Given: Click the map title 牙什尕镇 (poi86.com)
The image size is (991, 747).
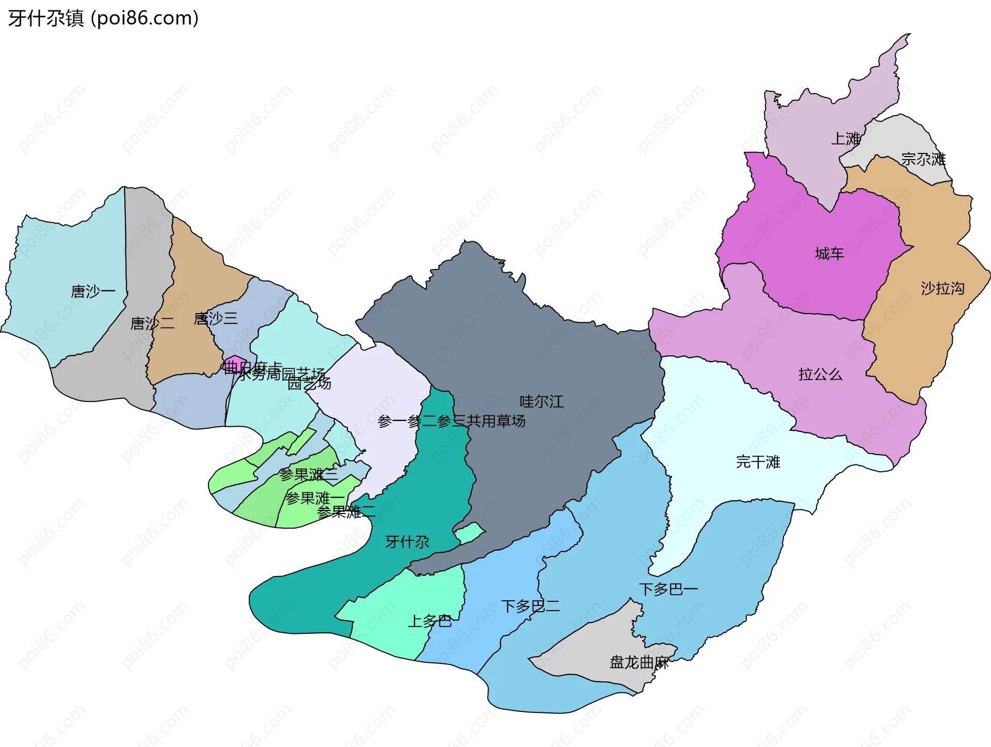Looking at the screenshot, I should pyautogui.click(x=103, y=19).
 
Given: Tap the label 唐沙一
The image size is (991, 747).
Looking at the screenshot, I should pyautogui.click(x=93, y=291).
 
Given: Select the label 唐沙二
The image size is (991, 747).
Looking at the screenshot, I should pyautogui.click(x=152, y=324).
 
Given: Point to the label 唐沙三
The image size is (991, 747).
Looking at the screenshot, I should pyautogui.click(x=216, y=319).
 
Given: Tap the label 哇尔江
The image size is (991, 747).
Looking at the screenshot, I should pyautogui.click(x=541, y=401).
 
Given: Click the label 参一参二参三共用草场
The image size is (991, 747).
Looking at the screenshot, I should pyautogui.click(x=452, y=422).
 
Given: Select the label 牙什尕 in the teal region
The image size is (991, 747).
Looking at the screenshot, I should pyautogui.click(x=407, y=542).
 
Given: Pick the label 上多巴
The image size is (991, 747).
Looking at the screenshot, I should pyautogui.click(x=430, y=621).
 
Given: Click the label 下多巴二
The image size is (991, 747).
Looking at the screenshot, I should pyautogui.click(x=531, y=606).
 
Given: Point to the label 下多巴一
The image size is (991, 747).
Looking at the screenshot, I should pyautogui.click(x=668, y=589).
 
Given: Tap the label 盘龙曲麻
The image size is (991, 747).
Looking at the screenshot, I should pyautogui.click(x=639, y=662).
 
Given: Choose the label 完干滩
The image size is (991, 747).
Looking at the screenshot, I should pyautogui.click(x=758, y=462).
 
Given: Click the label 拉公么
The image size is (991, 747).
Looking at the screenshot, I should pyautogui.click(x=820, y=375).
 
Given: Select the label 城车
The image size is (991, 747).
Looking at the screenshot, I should pyautogui.click(x=829, y=254).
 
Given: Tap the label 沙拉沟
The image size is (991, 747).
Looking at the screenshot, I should pyautogui.click(x=942, y=288).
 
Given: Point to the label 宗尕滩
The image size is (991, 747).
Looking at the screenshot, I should pyautogui.click(x=923, y=159).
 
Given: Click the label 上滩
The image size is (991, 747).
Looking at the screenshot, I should pyautogui.click(x=845, y=138).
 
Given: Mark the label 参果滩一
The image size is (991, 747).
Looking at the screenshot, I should pyautogui.click(x=315, y=499).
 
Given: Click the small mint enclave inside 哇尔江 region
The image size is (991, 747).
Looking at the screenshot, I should pyautogui.click(x=469, y=533).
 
